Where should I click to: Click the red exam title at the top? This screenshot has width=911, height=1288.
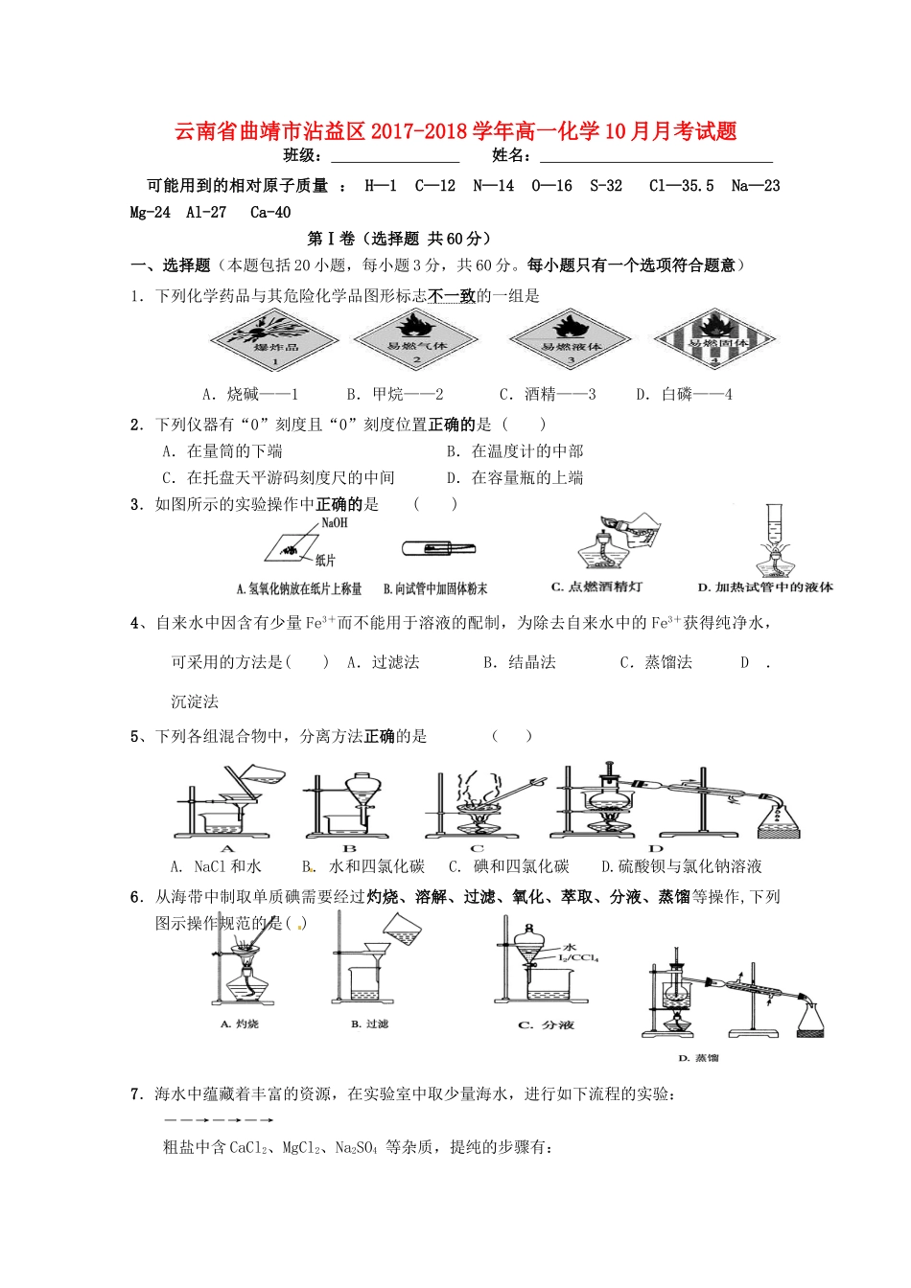pyautogui.click(x=455, y=131)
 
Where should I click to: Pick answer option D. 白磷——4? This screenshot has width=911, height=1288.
pyautogui.click(x=684, y=394)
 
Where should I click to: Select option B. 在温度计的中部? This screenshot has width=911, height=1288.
pyautogui.click(x=515, y=451)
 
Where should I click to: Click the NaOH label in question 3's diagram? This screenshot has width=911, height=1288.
pyautogui.click(x=335, y=523)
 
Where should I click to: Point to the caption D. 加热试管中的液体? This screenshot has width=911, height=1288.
pyautogui.click(x=765, y=586)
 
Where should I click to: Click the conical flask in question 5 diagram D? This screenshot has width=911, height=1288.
pyautogui.click(x=778, y=819)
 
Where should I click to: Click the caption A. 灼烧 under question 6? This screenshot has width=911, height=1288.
pyautogui.click(x=240, y=1024)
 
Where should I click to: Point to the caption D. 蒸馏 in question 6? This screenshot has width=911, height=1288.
pyautogui.click(x=698, y=1058)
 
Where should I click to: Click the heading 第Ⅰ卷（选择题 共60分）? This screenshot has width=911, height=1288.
pyautogui.click(x=399, y=239)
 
